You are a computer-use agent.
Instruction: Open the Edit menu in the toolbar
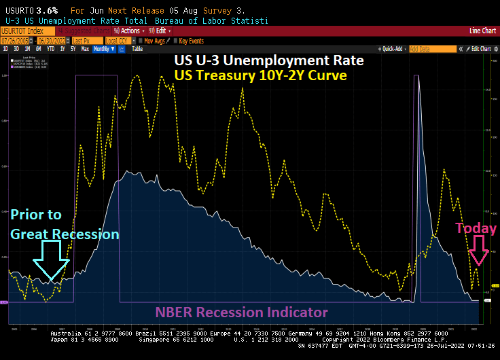[x=160, y=31]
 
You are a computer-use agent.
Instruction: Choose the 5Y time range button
[x=73, y=49]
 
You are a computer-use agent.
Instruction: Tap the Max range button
[x=84, y=49]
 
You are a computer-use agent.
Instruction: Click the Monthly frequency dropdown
[x=102, y=49]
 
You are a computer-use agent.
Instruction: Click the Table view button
[x=137, y=49]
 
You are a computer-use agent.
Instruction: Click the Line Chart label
[x=483, y=31]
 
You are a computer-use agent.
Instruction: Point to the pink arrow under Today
[x=480, y=251]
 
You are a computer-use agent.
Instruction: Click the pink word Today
[x=476, y=228]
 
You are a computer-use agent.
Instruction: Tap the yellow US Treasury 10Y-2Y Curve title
[x=261, y=75]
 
